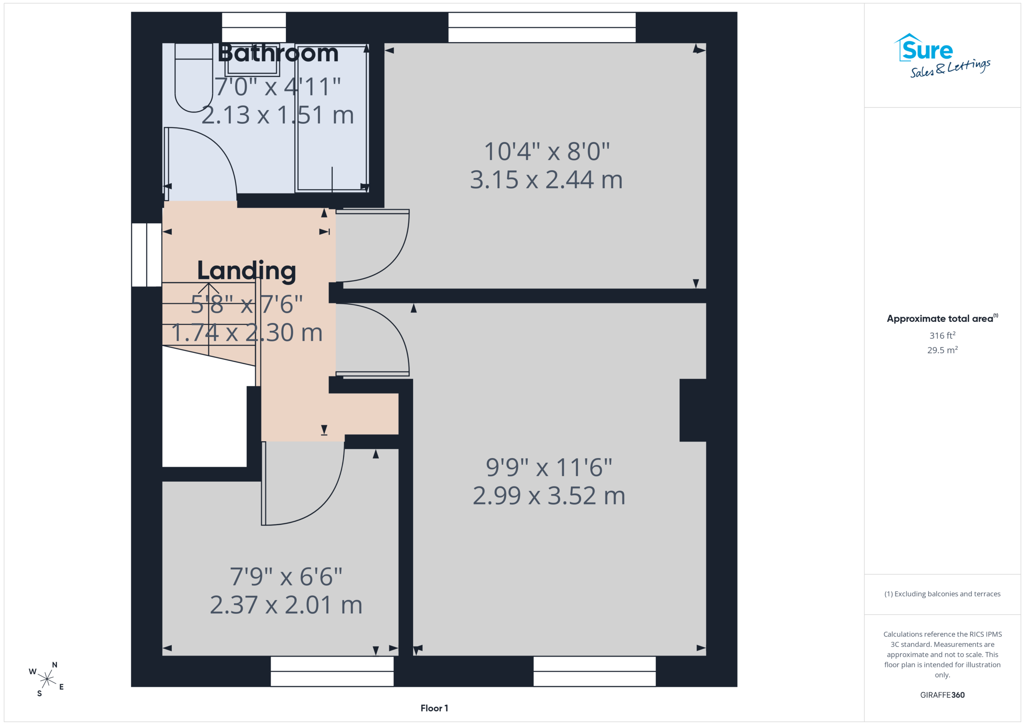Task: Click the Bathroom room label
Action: (278, 53)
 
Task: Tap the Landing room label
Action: (246, 271)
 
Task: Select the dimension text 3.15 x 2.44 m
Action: (547, 179)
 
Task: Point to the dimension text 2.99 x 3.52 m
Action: (549, 496)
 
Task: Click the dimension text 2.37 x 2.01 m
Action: (286, 605)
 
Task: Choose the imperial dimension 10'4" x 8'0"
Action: (547, 151)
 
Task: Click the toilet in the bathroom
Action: (194, 78)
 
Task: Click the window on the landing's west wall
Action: (147, 255)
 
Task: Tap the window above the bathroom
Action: (254, 28)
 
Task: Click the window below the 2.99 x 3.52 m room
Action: (595, 671)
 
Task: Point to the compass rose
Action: (46, 679)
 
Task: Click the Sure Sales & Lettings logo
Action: (942, 56)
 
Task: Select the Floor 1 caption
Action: (434, 708)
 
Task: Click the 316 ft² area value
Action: (943, 335)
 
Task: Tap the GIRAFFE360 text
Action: (943, 695)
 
